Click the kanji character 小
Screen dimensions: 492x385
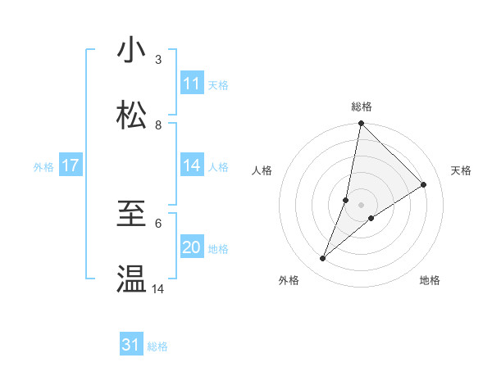[x=131, y=51]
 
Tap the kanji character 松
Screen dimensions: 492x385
[x=131, y=115]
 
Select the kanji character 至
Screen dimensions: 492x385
[x=131, y=215]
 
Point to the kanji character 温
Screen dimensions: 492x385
[x=131, y=279]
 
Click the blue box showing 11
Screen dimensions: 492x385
[x=192, y=84]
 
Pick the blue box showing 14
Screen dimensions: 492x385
[x=192, y=165]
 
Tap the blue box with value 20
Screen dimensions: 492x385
[x=192, y=247]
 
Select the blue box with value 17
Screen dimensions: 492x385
[x=71, y=165]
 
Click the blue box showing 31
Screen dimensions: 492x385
[x=131, y=345]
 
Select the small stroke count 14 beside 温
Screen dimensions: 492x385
[x=158, y=288]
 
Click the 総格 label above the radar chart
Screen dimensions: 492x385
[x=362, y=106]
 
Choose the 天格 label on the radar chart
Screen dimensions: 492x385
[x=461, y=170]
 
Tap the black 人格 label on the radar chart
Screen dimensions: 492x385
[x=262, y=170]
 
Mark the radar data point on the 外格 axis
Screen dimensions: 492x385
[x=323, y=259]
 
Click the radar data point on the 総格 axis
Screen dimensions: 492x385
[x=362, y=125]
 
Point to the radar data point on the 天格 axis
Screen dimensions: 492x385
[x=424, y=185]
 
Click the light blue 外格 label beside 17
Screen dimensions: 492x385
[x=43, y=166]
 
